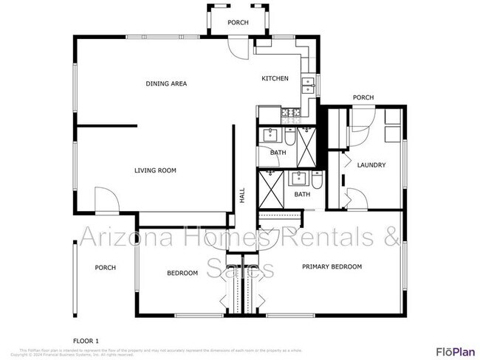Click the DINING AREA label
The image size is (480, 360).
point(166,83)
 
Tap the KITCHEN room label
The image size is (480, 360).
point(275,79)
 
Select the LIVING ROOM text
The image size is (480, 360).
point(155,170)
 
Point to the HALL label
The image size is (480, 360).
point(241,195)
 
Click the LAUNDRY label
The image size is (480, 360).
point(371,165)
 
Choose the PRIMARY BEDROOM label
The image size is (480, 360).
point(332,266)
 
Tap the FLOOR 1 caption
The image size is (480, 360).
point(86,339)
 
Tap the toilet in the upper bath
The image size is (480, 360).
point(290,136)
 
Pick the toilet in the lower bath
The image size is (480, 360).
point(317,180)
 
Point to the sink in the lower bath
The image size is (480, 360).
point(299,177)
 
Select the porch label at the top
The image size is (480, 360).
point(238,23)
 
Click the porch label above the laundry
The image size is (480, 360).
point(363,98)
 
